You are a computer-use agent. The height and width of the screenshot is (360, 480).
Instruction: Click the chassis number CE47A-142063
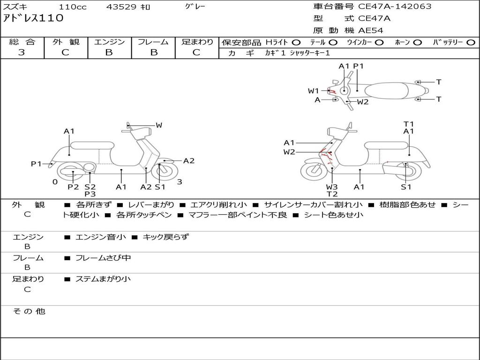(395, 7)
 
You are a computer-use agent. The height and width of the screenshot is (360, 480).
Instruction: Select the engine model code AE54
(371, 30)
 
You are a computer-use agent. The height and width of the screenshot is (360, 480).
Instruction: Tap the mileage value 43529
(121, 7)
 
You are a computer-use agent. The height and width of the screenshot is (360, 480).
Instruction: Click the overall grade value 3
(22, 52)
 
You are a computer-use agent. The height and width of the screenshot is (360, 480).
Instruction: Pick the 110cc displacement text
(73, 7)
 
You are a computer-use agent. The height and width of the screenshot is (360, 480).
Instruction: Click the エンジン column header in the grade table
(109, 42)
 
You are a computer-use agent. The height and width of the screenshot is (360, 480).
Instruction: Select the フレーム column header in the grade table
(153, 42)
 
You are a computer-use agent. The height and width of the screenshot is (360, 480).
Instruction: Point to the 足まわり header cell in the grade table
(197, 42)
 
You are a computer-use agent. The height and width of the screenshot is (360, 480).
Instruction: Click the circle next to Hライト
(296, 42)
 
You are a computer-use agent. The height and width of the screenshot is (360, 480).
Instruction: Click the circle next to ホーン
(417, 42)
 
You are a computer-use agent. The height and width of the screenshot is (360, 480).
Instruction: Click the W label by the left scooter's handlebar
(159, 125)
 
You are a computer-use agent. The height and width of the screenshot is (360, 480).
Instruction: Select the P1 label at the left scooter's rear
(36, 164)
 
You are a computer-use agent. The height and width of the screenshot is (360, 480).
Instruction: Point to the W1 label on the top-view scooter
(313, 91)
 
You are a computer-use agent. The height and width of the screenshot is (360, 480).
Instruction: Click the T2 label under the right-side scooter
(332, 194)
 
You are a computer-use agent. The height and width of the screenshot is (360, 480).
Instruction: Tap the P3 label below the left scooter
(90, 194)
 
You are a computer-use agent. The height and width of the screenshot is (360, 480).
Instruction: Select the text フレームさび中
(103, 258)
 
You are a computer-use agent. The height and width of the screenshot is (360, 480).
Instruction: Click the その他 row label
(29, 311)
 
